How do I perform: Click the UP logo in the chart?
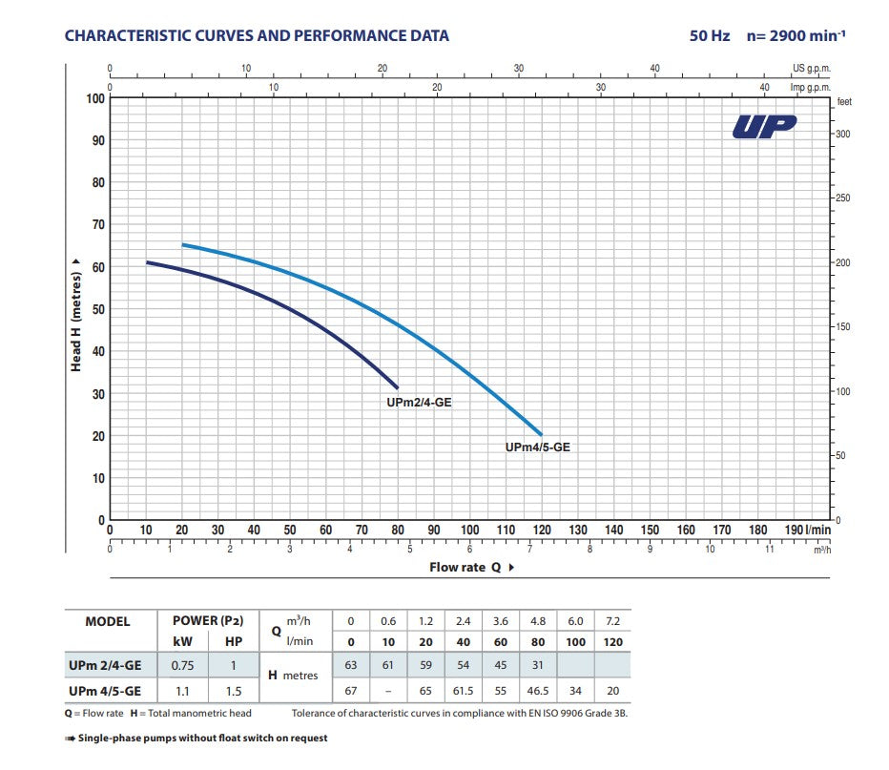tap(764, 128)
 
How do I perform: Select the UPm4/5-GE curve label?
tap(537, 447)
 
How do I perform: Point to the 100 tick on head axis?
tap(95, 98)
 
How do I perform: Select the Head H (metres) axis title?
tap(75, 311)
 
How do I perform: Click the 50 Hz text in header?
tap(710, 36)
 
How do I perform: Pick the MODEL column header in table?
tap(108, 621)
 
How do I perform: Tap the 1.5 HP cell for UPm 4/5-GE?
tap(233, 691)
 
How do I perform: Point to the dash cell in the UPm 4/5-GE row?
tap(388, 691)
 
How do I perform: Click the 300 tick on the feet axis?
tap(842, 135)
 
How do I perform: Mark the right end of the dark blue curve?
tap(398, 387)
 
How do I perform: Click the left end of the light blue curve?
tap(182, 245)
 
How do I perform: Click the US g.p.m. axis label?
tap(812, 69)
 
